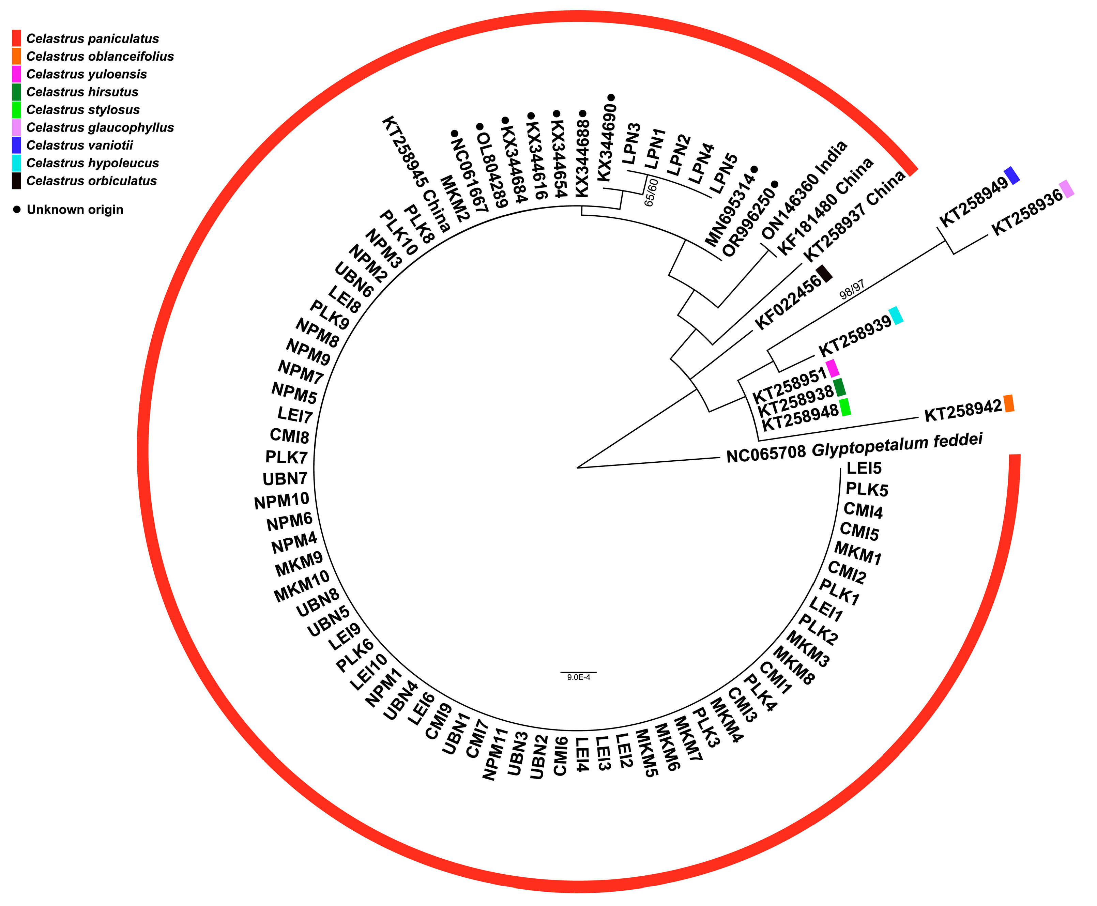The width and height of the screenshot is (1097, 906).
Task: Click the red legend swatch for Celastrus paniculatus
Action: [16, 39]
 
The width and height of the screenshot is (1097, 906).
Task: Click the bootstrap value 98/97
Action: [851, 289]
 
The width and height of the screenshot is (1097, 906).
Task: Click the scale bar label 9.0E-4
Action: [578, 677]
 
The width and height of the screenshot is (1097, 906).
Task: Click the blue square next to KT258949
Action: [1012, 175]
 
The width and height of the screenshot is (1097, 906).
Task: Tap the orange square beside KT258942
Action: [1009, 403]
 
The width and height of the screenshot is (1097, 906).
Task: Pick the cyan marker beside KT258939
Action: [896, 316]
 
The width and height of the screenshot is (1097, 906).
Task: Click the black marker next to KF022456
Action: [824, 274]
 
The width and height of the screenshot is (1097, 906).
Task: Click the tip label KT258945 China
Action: [416, 174]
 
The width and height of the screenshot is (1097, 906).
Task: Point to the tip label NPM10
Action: [282, 501]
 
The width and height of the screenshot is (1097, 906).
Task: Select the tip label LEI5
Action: [864, 468]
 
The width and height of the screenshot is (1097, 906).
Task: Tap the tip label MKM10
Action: [302, 586]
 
